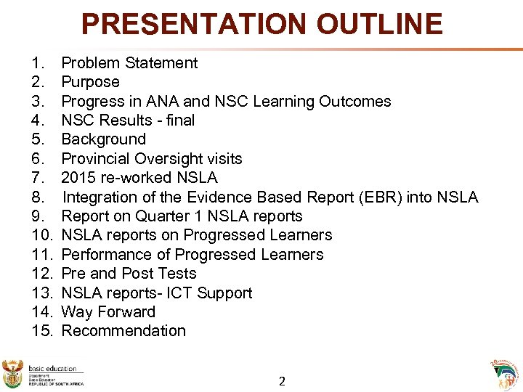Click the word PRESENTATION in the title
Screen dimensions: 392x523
click(x=185, y=24)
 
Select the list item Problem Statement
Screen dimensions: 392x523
click(x=129, y=63)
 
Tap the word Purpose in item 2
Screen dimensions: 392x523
click(x=90, y=82)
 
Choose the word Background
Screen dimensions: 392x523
click(x=103, y=139)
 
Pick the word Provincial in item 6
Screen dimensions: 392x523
click(x=97, y=158)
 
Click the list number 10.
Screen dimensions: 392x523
click(x=43, y=235)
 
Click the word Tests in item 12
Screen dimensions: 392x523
click(x=177, y=274)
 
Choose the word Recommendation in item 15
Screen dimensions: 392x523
click(x=123, y=331)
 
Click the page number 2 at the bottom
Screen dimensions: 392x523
click(x=283, y=380)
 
